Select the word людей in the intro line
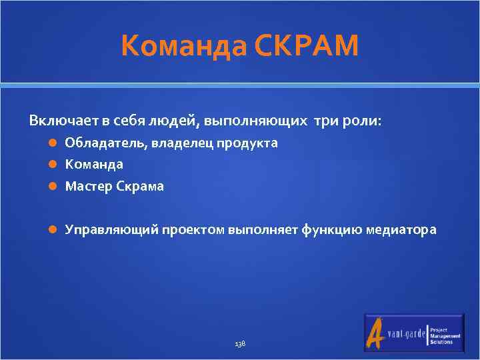173,121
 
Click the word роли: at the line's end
363,121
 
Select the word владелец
183,143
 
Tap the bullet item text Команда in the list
94,164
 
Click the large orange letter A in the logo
375,333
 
